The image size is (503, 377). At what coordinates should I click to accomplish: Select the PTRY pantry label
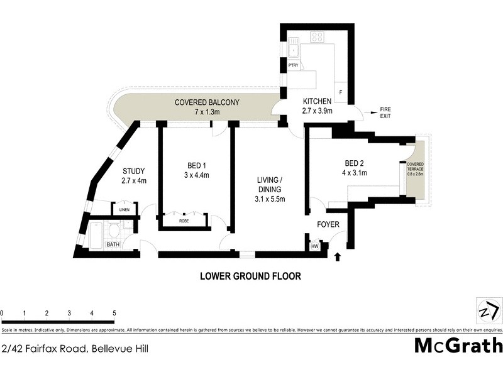click(x=293, y=65)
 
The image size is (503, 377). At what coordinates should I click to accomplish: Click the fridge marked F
click(x=340, y=92)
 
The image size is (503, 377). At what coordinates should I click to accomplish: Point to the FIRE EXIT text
click(x=385, y=113)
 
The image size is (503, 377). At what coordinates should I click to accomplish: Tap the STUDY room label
click(x=134, y=171)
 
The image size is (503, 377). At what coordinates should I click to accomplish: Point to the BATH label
click(x=113, y=244)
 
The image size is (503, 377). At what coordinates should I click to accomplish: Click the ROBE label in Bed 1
click(x=184, y=221)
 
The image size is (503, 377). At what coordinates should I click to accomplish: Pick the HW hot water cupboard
click(x=314, y=246)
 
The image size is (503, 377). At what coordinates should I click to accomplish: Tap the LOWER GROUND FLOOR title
click(x=250, y=275)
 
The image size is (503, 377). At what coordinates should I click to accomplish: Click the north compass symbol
click(x=488, y=311)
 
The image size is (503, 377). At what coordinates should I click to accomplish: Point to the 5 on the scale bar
click(x=114, y=313)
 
